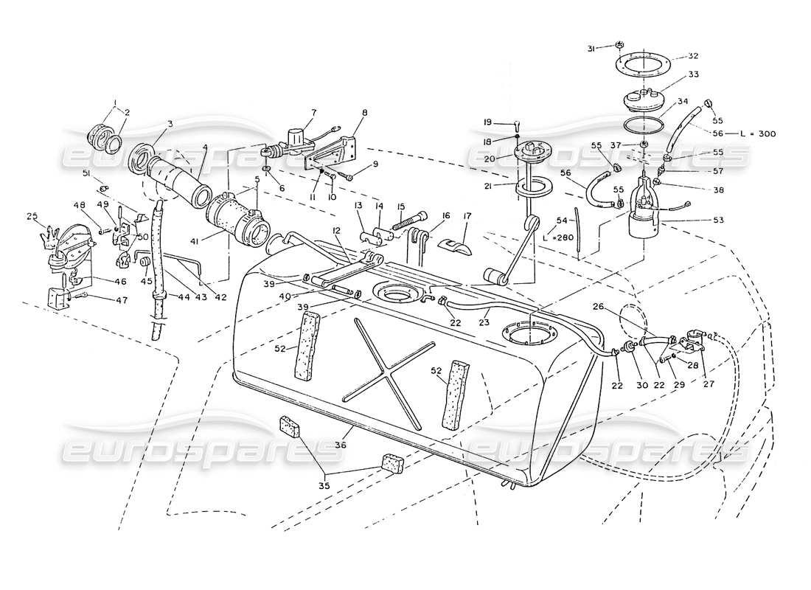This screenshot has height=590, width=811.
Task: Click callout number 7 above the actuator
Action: coord(313,112)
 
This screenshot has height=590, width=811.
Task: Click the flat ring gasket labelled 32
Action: coord(638,63)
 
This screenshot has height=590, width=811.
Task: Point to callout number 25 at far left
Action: coord(32,216)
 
